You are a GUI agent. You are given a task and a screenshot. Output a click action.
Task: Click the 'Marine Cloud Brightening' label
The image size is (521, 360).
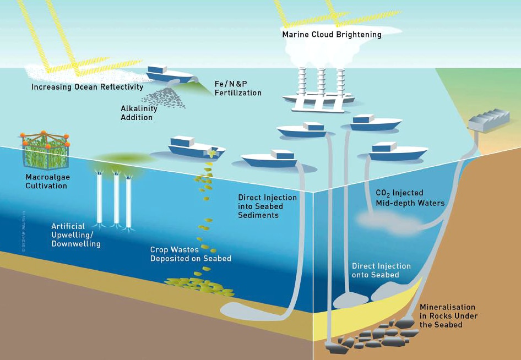coord(332,34)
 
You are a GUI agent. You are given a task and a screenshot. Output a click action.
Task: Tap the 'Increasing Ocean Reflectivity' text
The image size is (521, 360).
coord(87,87)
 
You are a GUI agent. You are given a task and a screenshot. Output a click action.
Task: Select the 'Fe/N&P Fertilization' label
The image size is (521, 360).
coord(237,89)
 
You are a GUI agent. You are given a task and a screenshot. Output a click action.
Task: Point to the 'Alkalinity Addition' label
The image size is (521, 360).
coord(139,113)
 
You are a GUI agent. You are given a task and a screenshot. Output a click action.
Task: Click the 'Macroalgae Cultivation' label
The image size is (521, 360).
coord(46,182)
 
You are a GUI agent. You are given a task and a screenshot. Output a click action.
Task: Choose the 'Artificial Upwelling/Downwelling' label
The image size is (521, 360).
coord(76,235)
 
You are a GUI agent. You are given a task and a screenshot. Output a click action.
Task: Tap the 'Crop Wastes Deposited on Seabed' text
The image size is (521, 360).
coord(191,254)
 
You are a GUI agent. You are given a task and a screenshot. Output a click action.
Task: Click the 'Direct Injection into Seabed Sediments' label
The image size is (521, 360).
coord(267,206)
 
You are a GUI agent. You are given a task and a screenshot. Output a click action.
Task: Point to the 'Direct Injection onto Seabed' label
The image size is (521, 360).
coord(381,270)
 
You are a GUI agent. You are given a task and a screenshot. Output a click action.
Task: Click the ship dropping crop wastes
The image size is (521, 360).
coord(196,147)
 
